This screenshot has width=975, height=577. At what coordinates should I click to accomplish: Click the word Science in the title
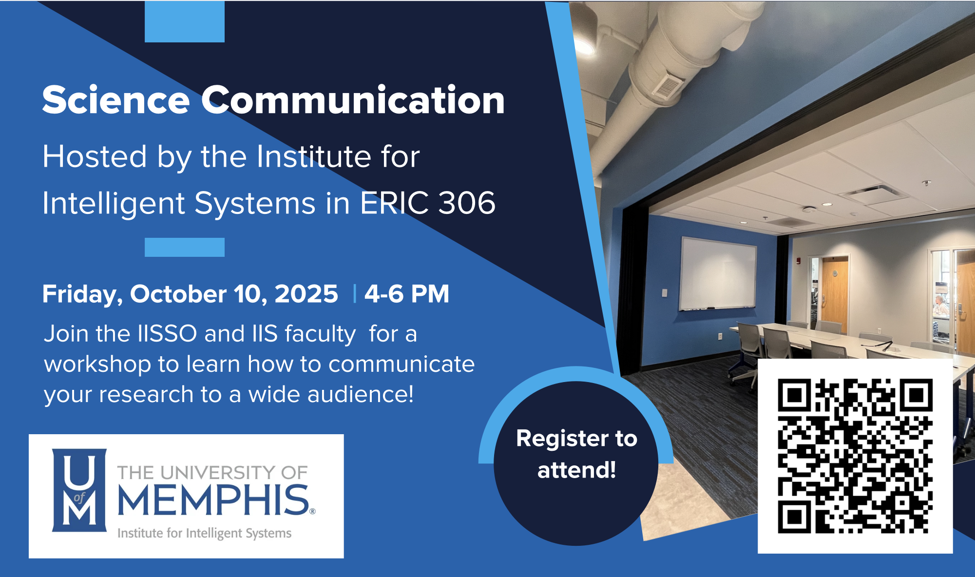coord(116,100)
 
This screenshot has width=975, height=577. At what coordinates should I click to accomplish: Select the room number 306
coord(467,203)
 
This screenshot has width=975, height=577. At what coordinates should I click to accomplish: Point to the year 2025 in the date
coord(306,294)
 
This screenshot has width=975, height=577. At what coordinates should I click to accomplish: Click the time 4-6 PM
coord(407,294)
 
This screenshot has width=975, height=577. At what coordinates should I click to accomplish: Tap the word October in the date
coord(178,294)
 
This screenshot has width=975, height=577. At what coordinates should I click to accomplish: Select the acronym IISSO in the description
coord(167,334)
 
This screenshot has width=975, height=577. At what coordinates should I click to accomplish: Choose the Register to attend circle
coord(576,463)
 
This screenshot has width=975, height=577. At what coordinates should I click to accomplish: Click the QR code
coord(855,456)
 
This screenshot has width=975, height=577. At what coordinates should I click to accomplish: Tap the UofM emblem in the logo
coord(79,490)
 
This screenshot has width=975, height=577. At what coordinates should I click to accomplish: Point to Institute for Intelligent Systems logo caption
coord(205,533)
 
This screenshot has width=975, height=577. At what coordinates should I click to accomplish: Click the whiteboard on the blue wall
coord(718,273)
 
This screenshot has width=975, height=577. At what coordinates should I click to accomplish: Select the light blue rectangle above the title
coord(185,21)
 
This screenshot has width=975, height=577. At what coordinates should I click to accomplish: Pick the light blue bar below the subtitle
coord(185,247)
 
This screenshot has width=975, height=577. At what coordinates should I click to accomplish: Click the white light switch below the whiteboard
coord(664,293)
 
